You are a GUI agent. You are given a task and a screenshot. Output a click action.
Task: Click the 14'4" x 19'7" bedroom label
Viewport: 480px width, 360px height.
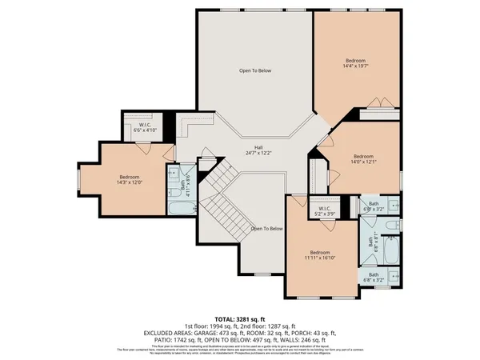(356, 64)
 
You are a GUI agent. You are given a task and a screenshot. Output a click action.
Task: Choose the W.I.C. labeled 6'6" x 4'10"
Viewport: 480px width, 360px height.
(146, 128)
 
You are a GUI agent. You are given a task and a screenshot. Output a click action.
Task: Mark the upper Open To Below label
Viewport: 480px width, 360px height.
(256, 70)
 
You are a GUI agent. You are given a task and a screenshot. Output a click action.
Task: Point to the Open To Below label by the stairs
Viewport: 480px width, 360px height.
(266, 229)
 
